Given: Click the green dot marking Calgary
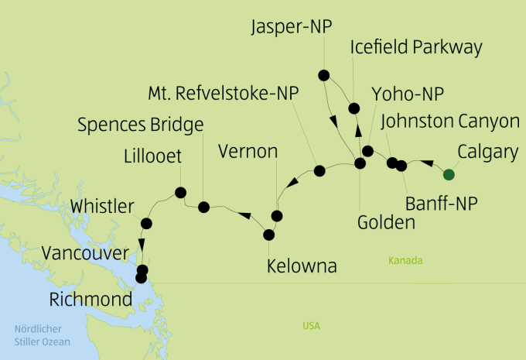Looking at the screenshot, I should [x=448, y=174].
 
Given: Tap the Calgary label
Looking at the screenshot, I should [x=487, y=152].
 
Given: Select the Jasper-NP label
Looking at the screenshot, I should [x=292, y=28].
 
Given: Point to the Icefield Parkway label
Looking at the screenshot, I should [x=416, y=47].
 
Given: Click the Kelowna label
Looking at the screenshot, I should [x=302, y=266].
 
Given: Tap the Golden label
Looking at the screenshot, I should [x=387, y=222].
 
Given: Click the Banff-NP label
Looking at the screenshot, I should [x=442, y=204].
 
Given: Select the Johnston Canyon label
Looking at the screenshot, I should [x=450, y=121].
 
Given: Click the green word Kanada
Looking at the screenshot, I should [x=406, y=261].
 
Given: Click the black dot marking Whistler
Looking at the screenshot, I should [x=146, y=224].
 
